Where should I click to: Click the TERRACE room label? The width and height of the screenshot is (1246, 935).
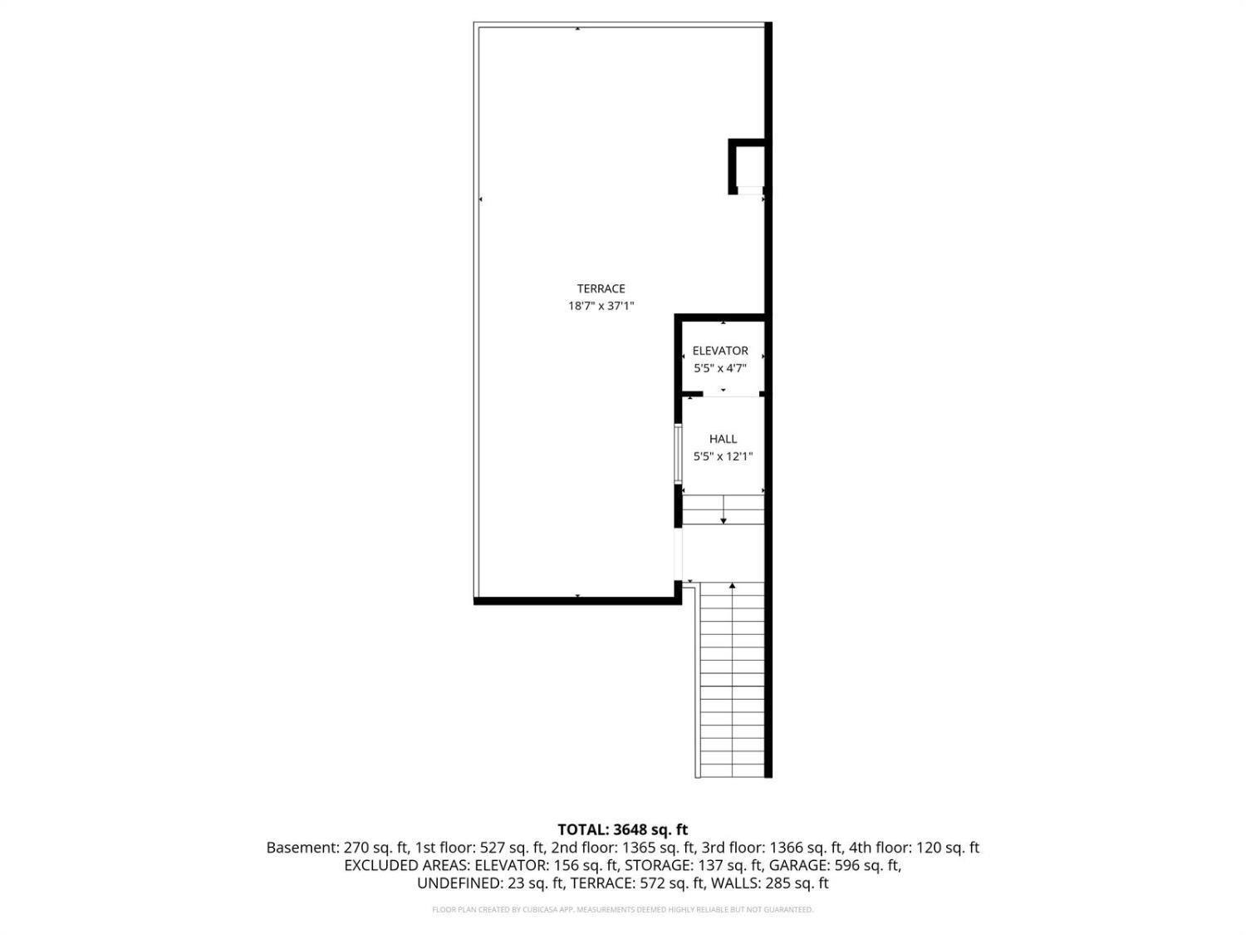pos(601,288)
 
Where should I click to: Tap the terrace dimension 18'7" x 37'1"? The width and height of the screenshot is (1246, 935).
pos(601,306)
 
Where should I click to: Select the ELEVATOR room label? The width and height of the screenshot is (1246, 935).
pos(720,351)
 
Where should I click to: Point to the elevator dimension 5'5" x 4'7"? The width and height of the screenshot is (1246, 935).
pos(720,368)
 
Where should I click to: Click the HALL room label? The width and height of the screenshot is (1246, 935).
pos(724,439)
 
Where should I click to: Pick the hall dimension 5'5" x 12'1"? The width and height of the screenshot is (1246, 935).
pos(724,456)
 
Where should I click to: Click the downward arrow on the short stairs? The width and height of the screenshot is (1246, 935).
pos(724,509)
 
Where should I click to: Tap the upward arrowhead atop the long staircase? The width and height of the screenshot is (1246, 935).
pos(733,585)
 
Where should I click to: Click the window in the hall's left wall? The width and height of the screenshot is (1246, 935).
pos(678,453)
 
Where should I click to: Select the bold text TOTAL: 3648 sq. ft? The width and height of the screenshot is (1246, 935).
pos(623,830)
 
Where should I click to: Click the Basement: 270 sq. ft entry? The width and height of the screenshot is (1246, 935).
pos(337,848)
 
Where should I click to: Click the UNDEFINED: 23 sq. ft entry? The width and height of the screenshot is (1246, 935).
pos(490,883)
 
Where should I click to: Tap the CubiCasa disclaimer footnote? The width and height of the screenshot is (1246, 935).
pos(623,910)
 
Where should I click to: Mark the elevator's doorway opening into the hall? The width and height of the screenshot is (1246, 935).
pos(731,395)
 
